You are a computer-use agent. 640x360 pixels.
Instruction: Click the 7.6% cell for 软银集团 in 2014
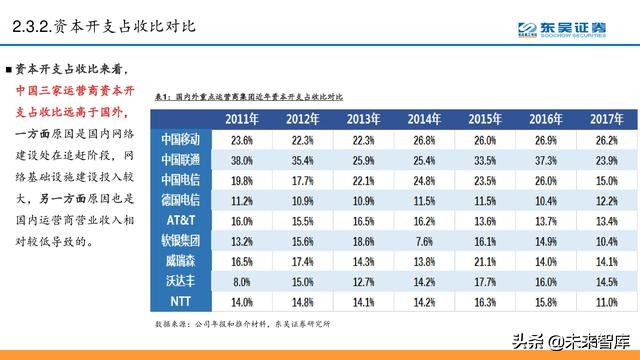(x=426, y=240)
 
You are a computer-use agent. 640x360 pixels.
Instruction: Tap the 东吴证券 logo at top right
(x=566, y=31)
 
